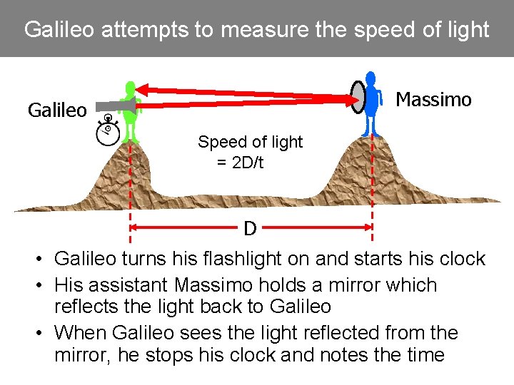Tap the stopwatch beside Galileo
pyautogui.click(x=108, y=131)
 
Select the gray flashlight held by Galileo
pyautogui.click(x=114, y=106)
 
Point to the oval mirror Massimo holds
pyautogui.click(x=358, y=97)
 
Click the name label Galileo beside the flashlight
pyautogui.click(x=57, y=111)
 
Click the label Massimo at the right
pyautogui.click(x=433, y=100)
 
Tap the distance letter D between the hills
pyautogui.click(x=250, y=229)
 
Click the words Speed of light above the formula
pyautogui.click(x=250, y=142)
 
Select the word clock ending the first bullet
pyautogui.click(x=462, y=259)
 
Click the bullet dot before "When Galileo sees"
pyautogui.click(x=43, y=333)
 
